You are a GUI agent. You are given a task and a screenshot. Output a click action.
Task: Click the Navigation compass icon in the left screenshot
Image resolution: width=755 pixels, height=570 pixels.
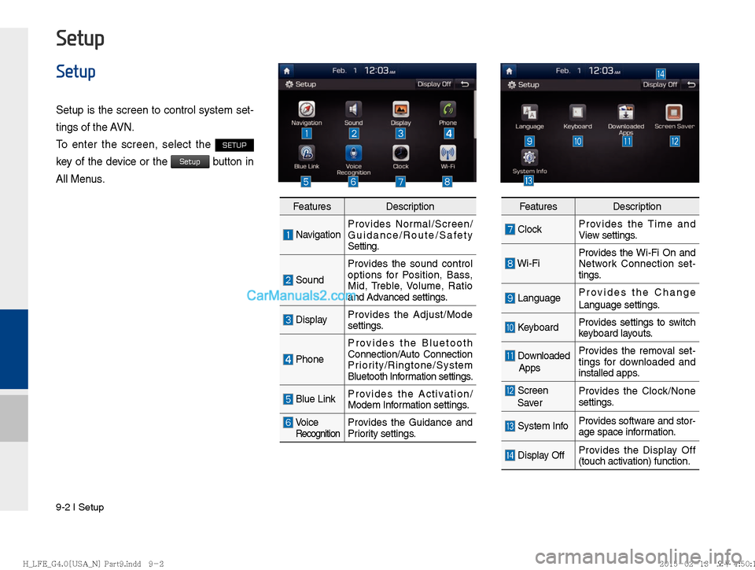coord(307,109)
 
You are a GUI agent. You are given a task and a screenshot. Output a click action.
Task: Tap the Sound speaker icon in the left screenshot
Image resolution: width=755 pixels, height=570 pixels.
coord(354,109)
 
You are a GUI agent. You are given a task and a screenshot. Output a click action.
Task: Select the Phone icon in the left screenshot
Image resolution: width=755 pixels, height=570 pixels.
coord(447,109)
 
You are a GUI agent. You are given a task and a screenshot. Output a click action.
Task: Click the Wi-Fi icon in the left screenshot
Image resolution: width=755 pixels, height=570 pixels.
coord(447,154)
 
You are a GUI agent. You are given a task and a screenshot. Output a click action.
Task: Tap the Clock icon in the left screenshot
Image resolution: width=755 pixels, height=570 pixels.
coord(400,154)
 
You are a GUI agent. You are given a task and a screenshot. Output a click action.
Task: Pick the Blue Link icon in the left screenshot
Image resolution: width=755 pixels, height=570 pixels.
coord(307,154)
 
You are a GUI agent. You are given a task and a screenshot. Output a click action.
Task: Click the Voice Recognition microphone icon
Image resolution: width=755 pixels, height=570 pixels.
coord(354,154)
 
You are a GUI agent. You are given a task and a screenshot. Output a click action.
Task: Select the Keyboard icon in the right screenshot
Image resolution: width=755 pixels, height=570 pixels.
coord(577,113)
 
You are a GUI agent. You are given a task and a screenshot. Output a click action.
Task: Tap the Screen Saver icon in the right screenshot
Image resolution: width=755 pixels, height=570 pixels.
coord(674,113)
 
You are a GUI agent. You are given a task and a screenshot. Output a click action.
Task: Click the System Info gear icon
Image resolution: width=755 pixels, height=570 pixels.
coord(529,157)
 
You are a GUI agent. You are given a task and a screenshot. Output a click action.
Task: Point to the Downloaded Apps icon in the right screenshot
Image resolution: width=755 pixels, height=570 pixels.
coord(626,113)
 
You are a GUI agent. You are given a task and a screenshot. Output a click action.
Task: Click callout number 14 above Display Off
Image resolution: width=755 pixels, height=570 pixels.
coord(661,73)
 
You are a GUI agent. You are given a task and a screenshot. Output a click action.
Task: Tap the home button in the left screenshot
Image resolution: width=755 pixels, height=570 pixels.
coord(288,70)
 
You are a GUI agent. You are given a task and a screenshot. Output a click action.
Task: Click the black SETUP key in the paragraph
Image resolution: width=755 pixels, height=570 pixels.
coord(234,145)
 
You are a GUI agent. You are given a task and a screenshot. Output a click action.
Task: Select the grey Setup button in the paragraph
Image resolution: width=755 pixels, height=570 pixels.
coord(190,161)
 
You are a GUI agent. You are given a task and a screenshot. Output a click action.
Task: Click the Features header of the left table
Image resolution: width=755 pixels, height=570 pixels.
coord(311,206)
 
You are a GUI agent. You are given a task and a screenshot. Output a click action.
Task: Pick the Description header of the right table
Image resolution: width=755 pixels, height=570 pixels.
coord(636,206)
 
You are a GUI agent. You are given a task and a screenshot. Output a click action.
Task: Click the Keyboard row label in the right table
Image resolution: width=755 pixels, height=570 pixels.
coord(538,327)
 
